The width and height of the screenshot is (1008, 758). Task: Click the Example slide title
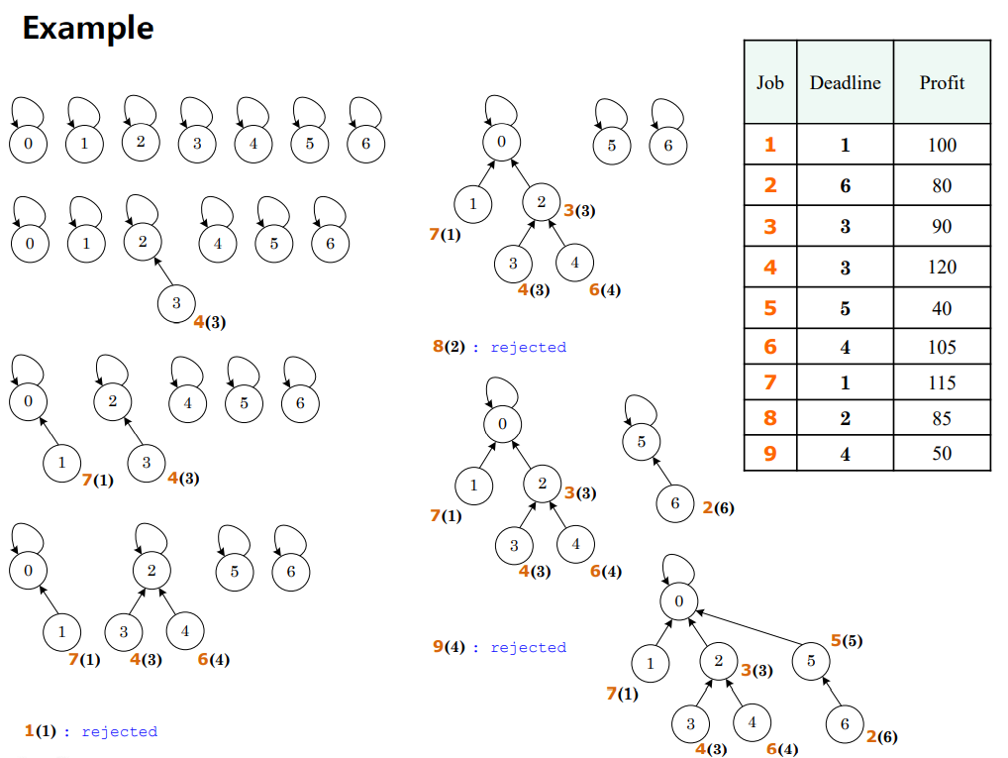[88, 28]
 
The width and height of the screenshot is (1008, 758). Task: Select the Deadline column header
[845, 83]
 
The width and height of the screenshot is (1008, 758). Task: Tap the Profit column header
[942, 83]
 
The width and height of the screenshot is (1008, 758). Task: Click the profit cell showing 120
[942, 267]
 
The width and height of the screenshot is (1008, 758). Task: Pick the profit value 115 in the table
[942, 382]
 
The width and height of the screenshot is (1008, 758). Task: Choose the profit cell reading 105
[942, 347]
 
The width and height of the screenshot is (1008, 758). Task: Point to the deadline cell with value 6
[845, 185]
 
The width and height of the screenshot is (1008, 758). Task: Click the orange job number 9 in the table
[770, 453]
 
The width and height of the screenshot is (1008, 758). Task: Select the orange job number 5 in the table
[770, 308]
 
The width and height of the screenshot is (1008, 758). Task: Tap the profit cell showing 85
[942, 418]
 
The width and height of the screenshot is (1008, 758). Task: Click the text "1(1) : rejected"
[91, 731]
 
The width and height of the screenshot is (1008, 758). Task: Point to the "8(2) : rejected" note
[500, 347]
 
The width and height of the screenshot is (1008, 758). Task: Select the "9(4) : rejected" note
[500, 647]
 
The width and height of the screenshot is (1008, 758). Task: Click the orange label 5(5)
[846, 640]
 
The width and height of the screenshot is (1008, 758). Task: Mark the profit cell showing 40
[942, 308]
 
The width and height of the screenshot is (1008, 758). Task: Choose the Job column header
[770, 83]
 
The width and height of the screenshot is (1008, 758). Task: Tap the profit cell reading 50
[942, 453]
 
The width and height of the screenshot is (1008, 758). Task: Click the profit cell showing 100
[942, 145]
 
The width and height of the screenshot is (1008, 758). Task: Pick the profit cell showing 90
[942, 226]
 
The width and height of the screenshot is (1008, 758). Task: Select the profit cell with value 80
[942, 185]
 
